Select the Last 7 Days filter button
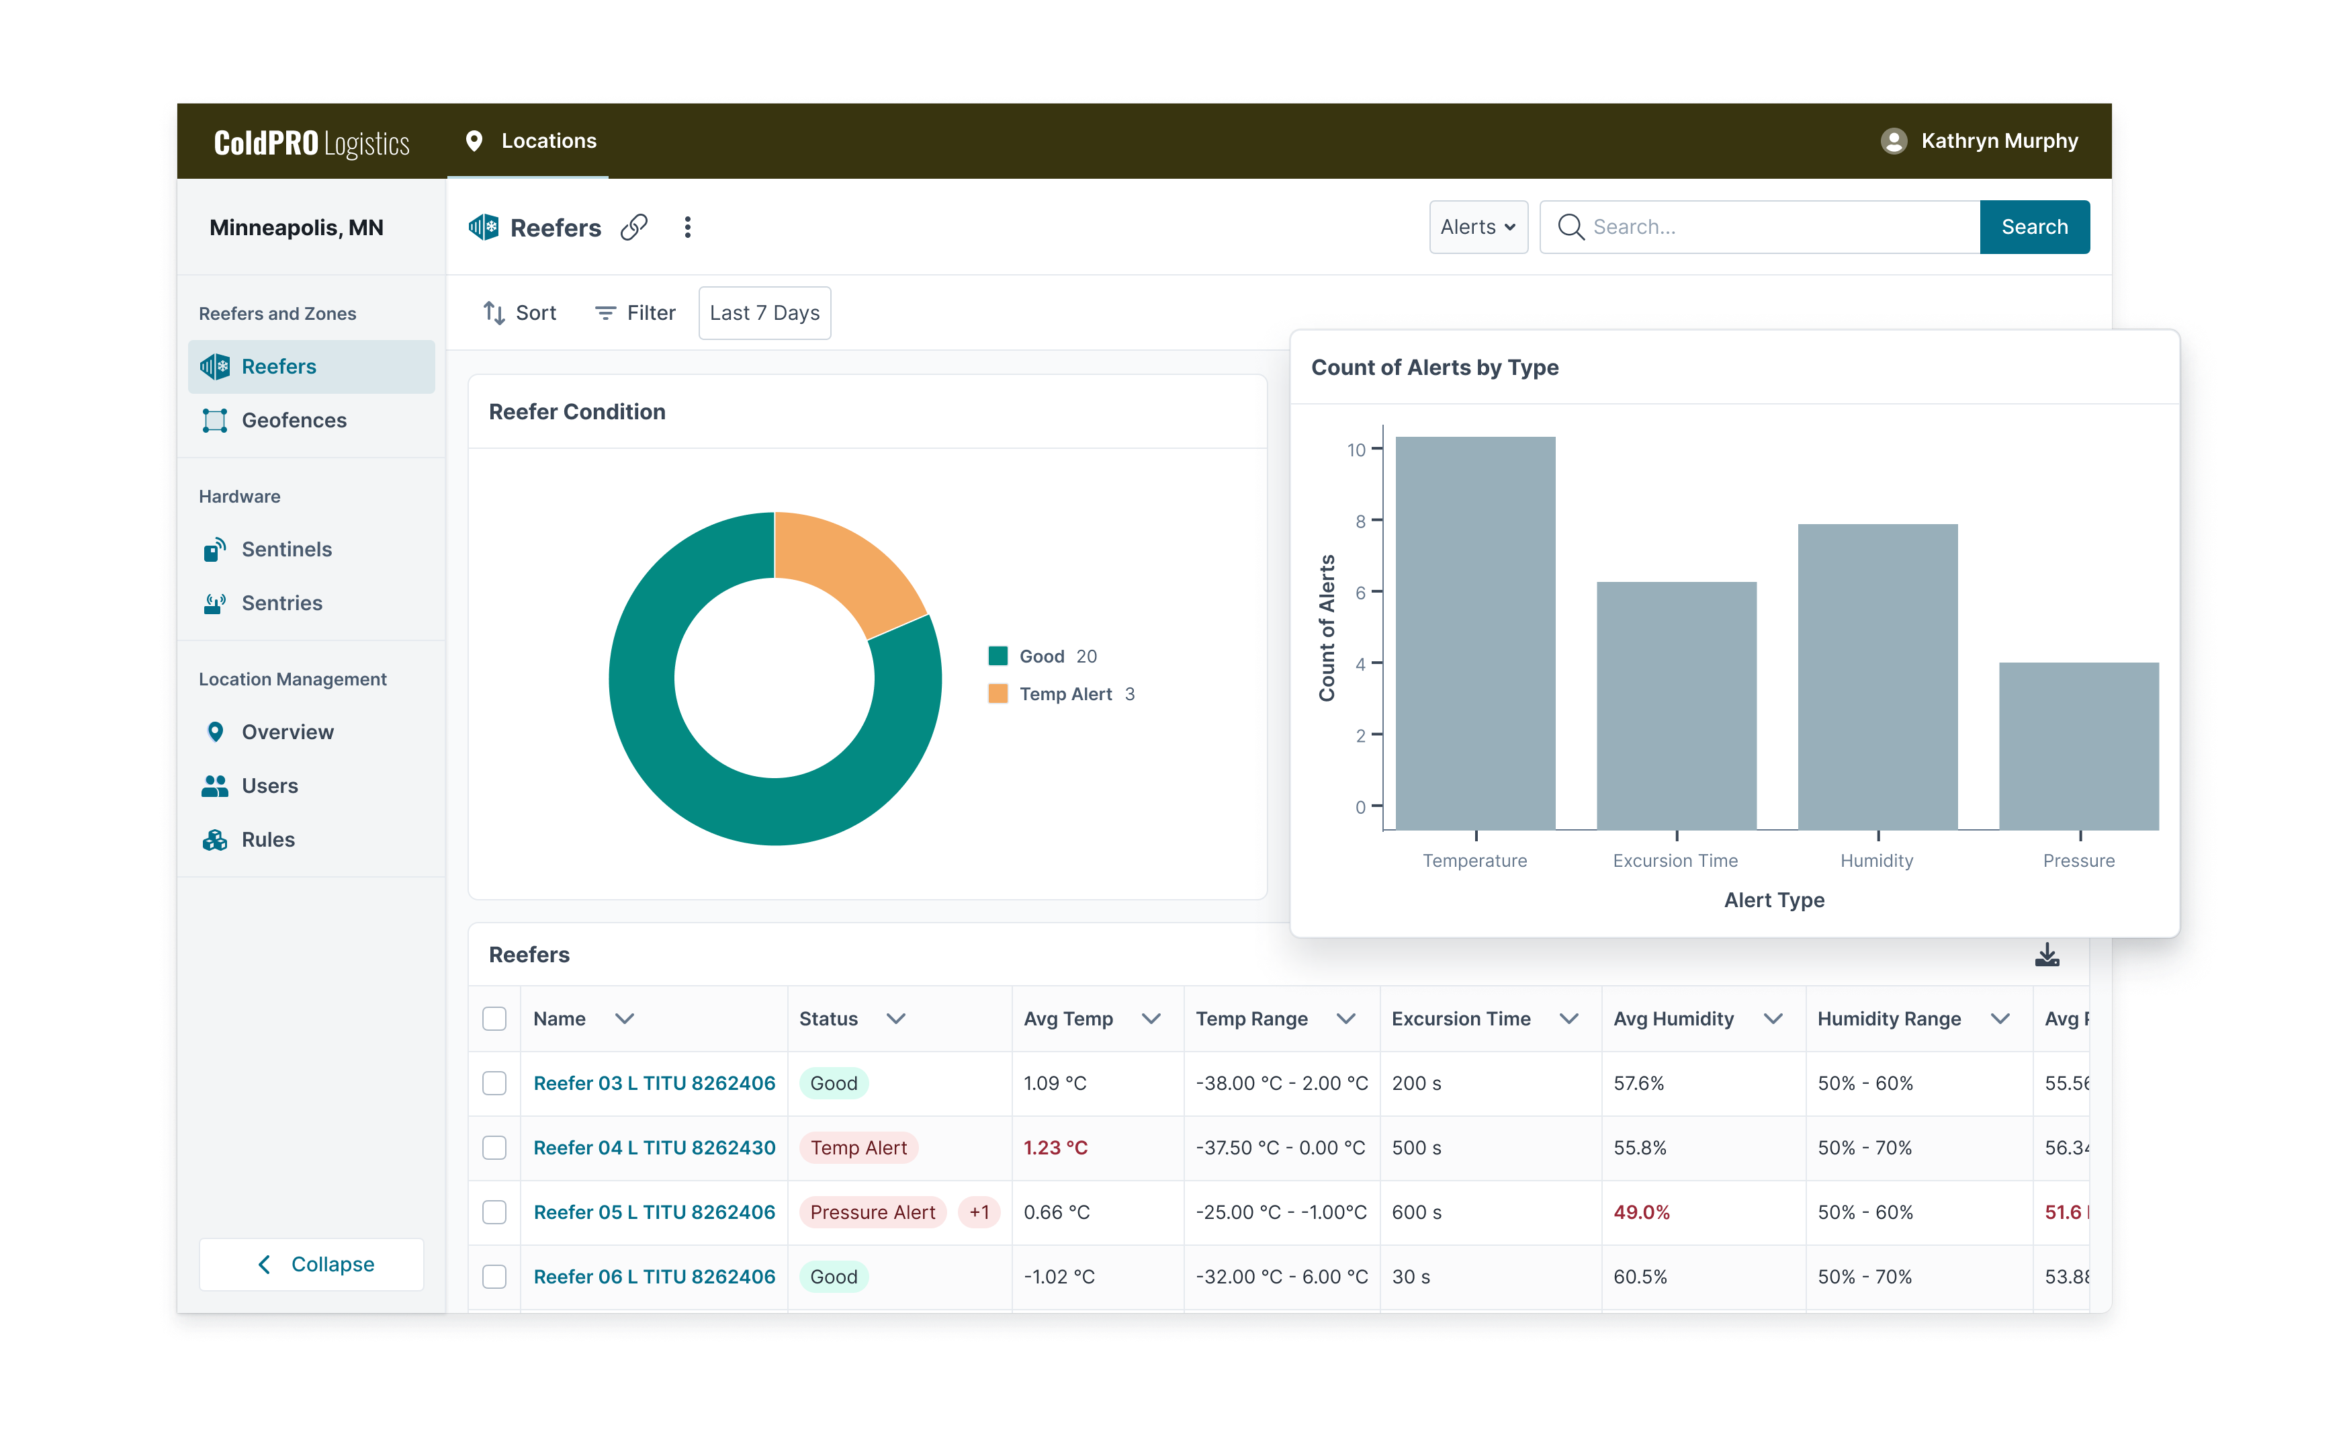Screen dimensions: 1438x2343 pos(764,313)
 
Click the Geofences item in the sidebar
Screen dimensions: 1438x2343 pos(293,421)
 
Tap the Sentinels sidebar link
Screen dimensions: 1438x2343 pos(285,550)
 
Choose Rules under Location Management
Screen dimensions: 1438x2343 pos(267,840)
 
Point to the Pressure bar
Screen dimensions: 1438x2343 pos(2078,746)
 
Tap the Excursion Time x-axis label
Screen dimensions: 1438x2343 pos(1675,861)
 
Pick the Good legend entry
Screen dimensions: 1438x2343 pos(1041,657)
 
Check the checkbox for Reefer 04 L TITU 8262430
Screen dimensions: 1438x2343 pos(494,1148)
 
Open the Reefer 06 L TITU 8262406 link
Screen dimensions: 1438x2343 pos(654,1276)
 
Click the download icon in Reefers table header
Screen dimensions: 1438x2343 pos(2046,955)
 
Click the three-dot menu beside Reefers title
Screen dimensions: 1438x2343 pos(687,227)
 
